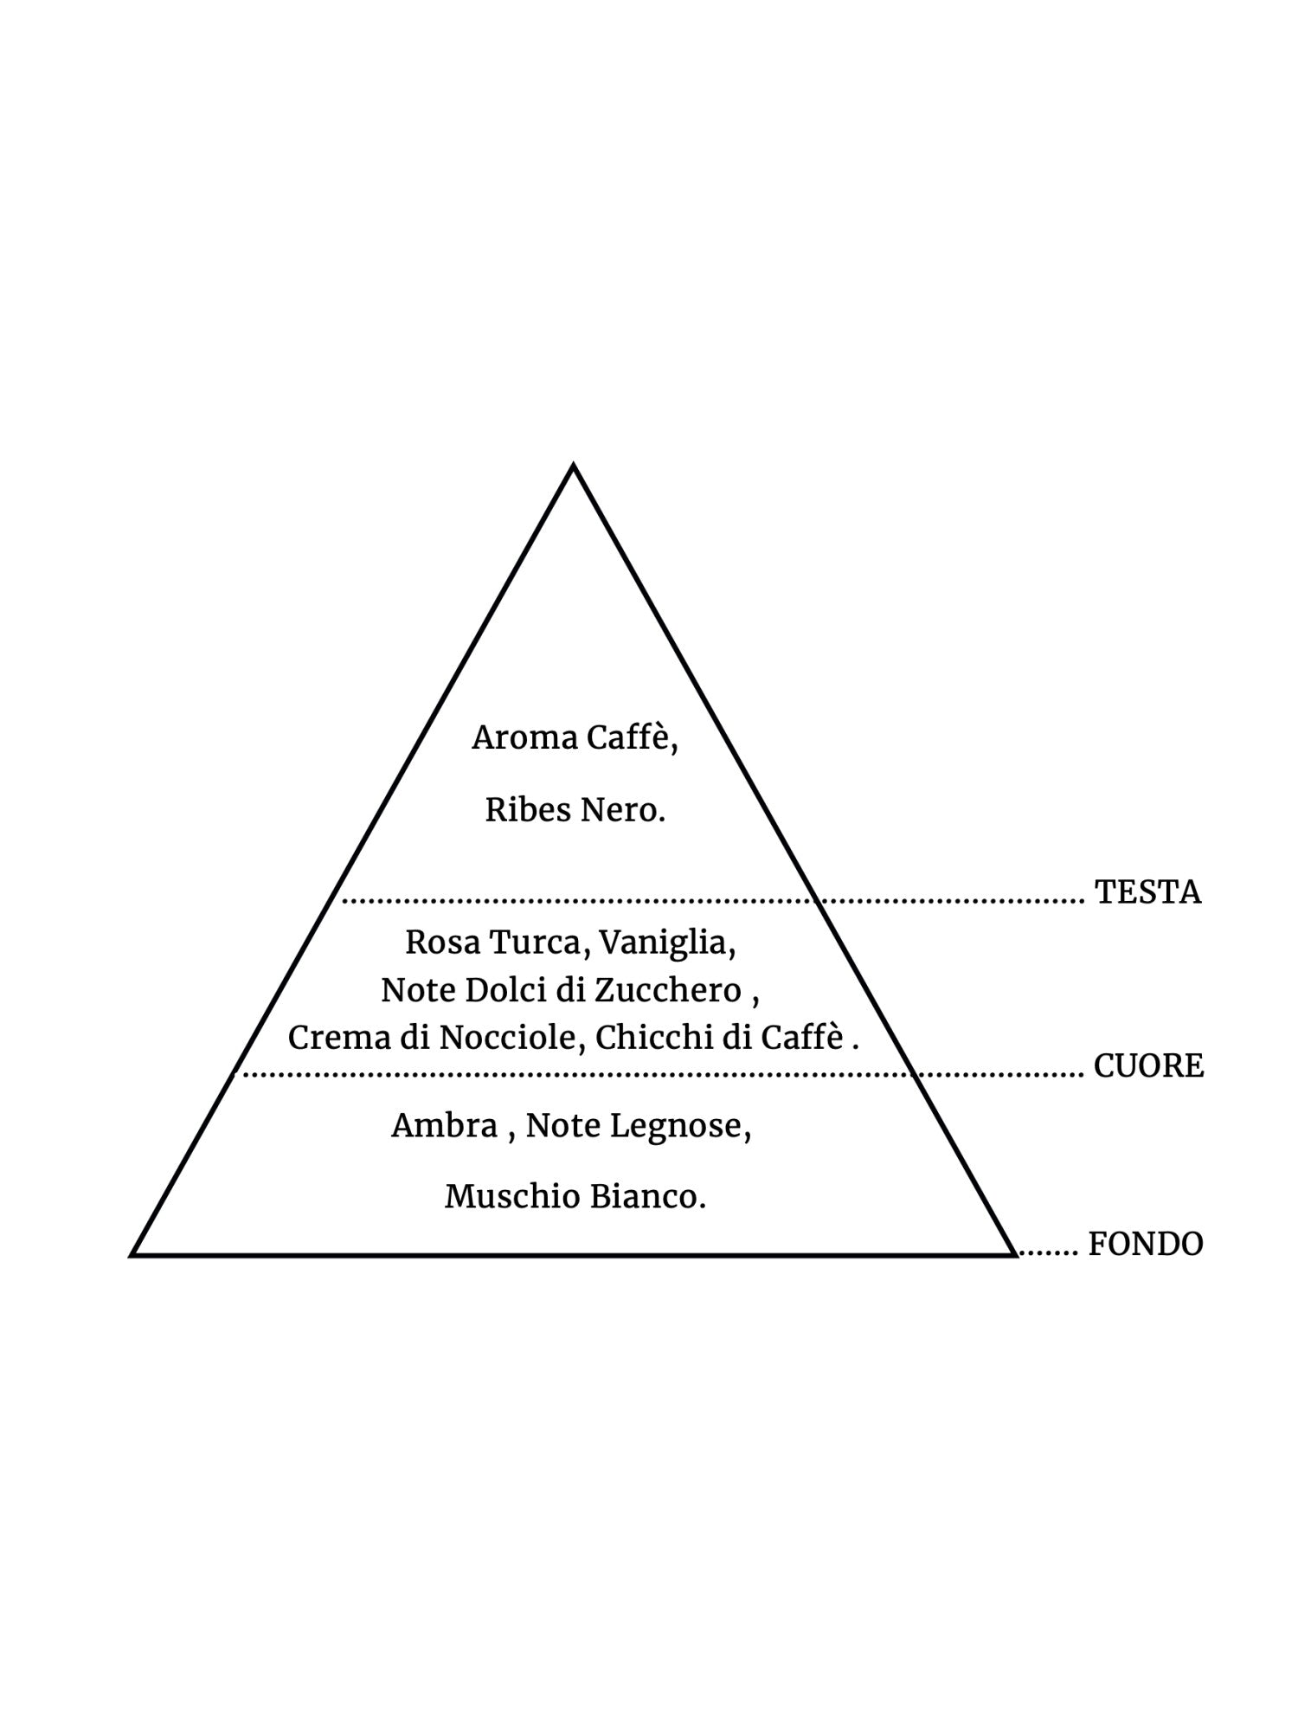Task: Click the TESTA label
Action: pyautogui.click(x=1147, y=892)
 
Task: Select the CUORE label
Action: pyautogui.click(x=1148, y=1066)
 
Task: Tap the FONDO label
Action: pyautogui.click(x=1145, y=1245)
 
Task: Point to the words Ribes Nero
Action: pyautogui.click(x=575, y=810)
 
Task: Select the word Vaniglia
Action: pyautogui.click(x=666, y=943)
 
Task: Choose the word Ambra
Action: pyautogui.click(x=444, y=1126)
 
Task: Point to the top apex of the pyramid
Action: pyautogui.click(x=573, y=467)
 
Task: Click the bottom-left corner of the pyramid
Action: pyautogui.click(x=133, y=1253)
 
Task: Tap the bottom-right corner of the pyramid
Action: pyautogui.click(x=1014, y=1253)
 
